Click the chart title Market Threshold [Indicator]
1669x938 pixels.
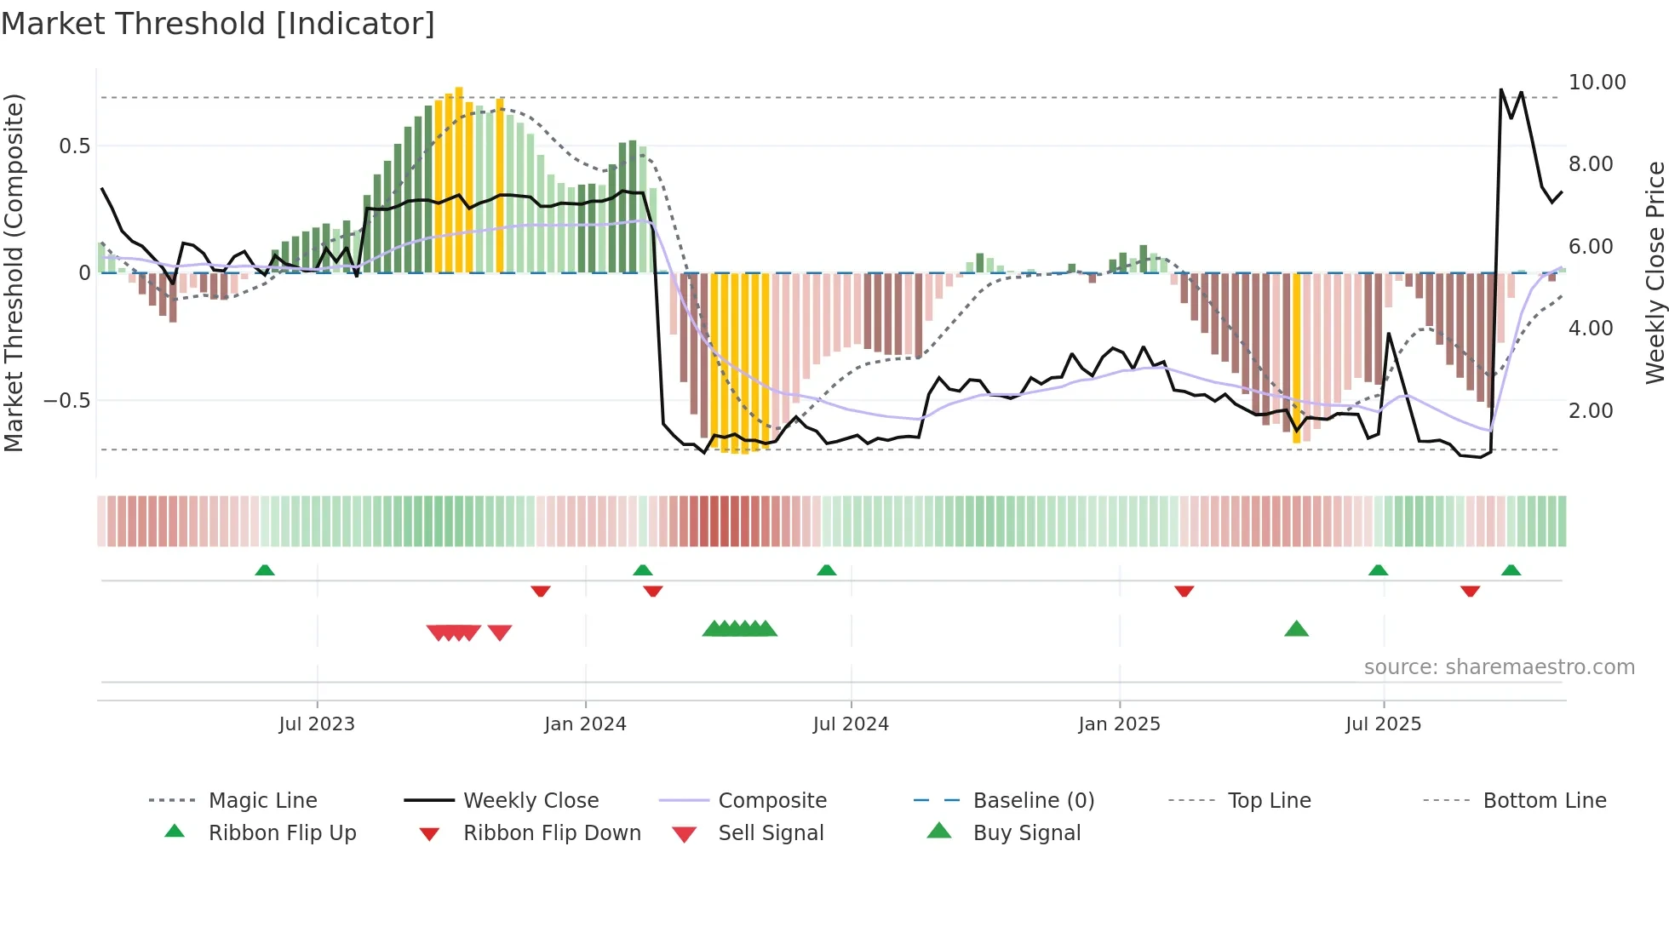(x=218, y=24)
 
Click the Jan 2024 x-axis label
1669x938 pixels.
(x=585, y=724)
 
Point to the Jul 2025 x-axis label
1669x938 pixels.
(x=1383, y=724)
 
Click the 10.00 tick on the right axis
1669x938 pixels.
(x=1597, y=83)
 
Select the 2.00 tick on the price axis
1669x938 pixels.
(x=1590, y=410)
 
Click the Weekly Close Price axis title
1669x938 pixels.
(x=1655, y=272)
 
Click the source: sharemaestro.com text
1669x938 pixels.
(x=1499, y=666)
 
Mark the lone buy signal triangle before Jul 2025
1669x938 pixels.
(x=1296, y=629)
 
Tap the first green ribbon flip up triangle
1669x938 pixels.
(x=265, y=570)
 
